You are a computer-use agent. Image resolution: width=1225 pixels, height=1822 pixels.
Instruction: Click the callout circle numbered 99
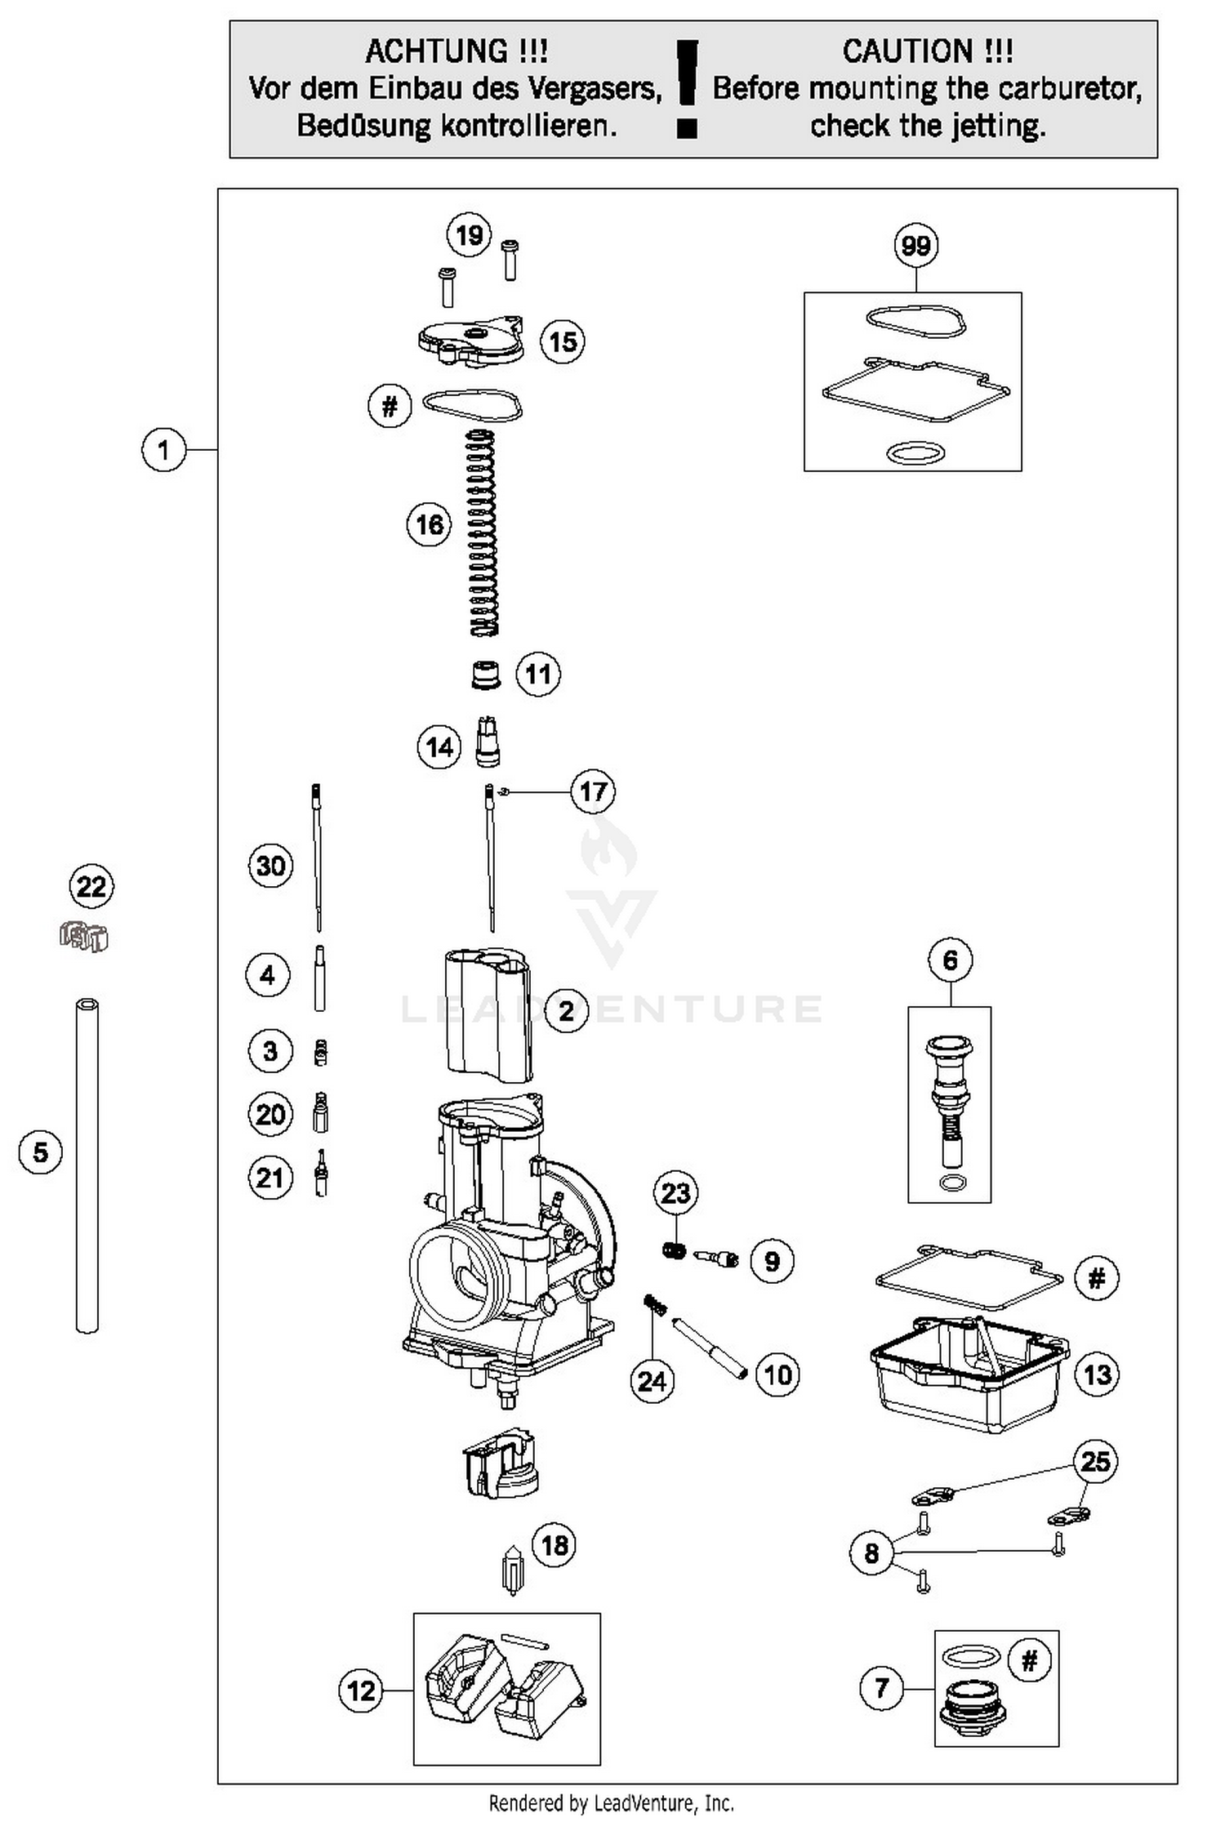(x=915, y=245)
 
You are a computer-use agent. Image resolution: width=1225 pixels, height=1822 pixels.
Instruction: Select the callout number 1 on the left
(x=163, y=450)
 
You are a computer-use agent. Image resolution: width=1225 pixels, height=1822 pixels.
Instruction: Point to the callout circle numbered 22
(x=91, y=886)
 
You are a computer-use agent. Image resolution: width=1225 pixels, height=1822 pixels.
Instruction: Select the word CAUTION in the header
(x=906, y=51)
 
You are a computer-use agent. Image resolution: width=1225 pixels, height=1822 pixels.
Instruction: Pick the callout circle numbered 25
(x=1095, y=1461)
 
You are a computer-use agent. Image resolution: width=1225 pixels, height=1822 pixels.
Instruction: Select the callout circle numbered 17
(x=593, y=791)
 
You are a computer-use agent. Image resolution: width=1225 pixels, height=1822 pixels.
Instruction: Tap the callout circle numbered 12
(x=361, y=1690)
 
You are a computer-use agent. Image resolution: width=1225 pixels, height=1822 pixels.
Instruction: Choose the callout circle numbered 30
(x=270, y=865)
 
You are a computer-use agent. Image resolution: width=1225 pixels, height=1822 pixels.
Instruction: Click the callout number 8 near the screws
(x=871, y=1552)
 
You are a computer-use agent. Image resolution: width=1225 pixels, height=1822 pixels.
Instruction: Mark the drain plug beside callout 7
(x=973, y=1707)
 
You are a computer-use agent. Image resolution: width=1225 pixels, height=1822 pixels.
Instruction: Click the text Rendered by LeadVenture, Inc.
(x=611, y=1802)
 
